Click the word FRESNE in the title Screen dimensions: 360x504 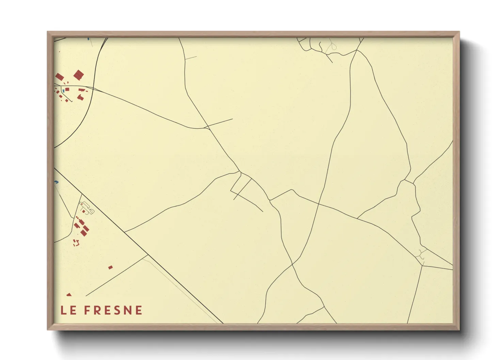(x=113, y=310)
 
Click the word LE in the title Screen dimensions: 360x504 (x=68, y=310)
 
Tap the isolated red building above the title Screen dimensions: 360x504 (x=110, y=267)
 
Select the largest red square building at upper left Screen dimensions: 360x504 (x=79, y=75)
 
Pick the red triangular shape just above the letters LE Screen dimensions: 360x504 (x=69, y=294)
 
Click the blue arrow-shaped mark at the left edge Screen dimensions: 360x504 (x=56, y=182)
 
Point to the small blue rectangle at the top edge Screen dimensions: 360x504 (x=89, y=39)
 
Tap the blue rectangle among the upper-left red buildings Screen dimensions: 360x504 (x=63, y=91)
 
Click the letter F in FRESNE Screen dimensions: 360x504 (x=88, y=310)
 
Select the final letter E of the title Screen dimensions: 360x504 (x=139, y=310)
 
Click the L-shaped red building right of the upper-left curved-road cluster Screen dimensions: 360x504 (x=81, y=90)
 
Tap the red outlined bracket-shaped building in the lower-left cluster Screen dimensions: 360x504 (x=76, y=243)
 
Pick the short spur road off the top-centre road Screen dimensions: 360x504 (x=191, y=58)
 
